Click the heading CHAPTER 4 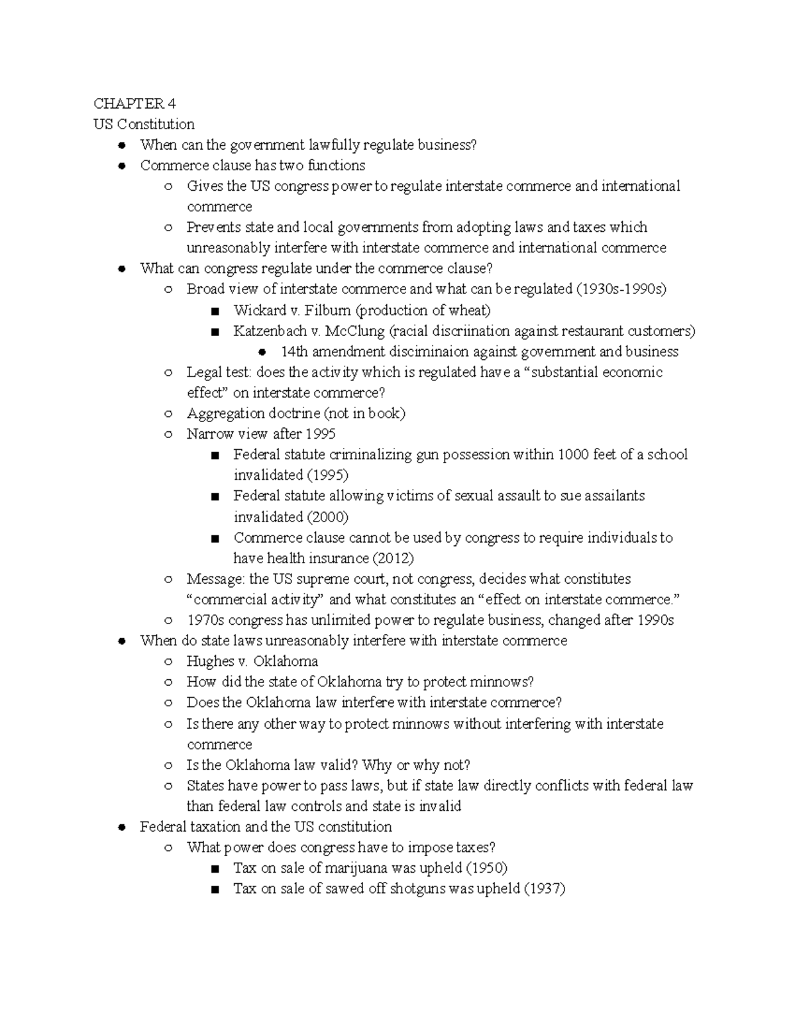coord(134,103)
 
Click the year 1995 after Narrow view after coord(321,434)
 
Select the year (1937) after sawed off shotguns coord(545,889)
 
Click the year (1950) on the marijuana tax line coord(487,868)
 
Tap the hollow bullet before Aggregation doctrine coord(168,413)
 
